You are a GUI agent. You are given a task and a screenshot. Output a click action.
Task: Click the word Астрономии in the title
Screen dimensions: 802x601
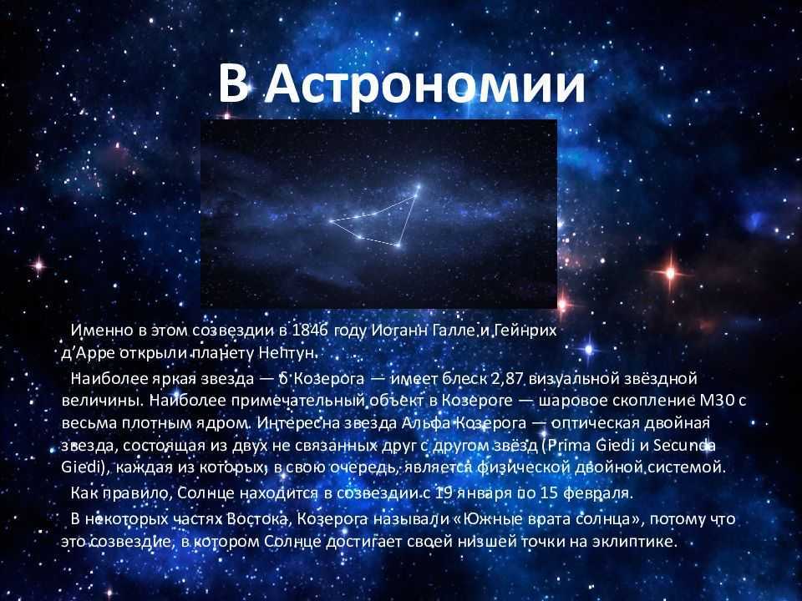425,84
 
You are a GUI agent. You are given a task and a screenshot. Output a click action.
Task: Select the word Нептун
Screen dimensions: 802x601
288,353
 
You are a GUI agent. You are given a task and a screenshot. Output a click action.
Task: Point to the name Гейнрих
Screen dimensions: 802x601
525,331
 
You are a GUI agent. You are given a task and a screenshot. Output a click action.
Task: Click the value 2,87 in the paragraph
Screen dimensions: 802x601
507,379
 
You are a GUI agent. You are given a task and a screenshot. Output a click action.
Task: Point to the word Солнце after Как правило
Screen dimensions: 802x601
206,493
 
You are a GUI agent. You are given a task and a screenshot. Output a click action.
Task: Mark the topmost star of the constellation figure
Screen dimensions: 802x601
418,187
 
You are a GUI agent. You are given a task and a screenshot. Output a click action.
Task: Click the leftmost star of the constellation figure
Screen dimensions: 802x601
332,221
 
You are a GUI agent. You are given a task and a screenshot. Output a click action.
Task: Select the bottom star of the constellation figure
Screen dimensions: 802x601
398,245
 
